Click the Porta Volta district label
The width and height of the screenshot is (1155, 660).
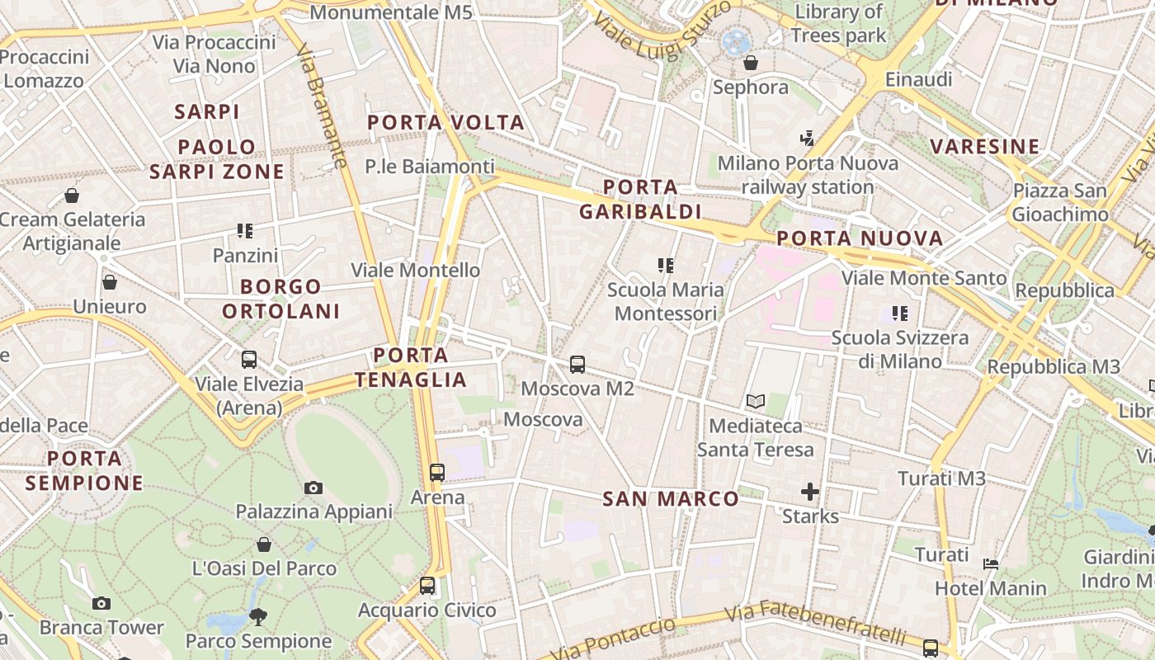click(x=445, y=123)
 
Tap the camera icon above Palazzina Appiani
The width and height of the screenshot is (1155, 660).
click(x=313, y=488)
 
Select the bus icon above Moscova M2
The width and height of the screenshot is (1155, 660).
click(x=577, y=364)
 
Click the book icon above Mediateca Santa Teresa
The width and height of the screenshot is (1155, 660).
click(x=755, y=402)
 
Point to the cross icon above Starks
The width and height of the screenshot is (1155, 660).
click(x=810, y=493)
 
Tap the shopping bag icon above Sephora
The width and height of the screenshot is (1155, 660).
click(x=751, y=63)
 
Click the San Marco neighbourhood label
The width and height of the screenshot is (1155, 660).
click(x=670, y=498)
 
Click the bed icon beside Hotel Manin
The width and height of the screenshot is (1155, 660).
click(x=992, y=564)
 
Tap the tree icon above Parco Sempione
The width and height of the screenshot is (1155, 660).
click(x=258, y=616)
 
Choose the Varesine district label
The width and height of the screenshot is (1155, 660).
click(x=984, y=147)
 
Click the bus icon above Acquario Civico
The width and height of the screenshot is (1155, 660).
click(x=427, y=586)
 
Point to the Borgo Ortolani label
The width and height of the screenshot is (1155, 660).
click(x=281, y=299)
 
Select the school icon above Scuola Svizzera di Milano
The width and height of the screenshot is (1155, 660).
click(x=899, y=313)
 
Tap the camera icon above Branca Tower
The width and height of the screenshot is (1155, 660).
click(x=101, y=603)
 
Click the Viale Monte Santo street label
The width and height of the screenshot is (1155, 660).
click(x=923, y=278)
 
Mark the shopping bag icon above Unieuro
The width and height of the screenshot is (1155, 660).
click(x=110, y=282)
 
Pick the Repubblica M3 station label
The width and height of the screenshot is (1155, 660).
click(x=1054, y=366)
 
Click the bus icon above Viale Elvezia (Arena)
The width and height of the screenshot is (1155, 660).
click(x=249, y=360)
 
